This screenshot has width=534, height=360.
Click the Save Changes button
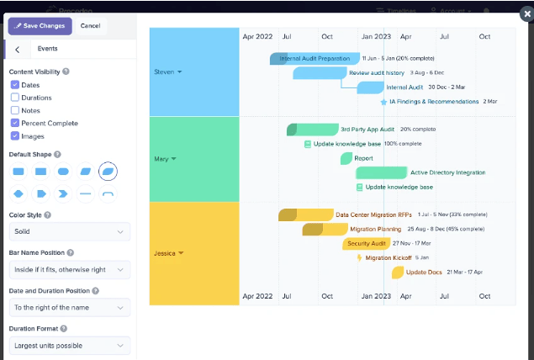click(40, 26)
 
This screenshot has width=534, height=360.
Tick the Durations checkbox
click(15, 98)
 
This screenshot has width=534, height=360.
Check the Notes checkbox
click(15, 110)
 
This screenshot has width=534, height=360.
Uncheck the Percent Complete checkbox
click(15, 123)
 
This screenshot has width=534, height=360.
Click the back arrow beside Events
click(18, 50)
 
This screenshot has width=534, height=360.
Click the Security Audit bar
click(367, 243)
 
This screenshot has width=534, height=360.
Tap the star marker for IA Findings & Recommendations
click(383, 102)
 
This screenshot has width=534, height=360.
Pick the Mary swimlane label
click(165, 159)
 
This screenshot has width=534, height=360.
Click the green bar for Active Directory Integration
click(381, 172)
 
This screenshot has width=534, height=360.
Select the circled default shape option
click(108, 172)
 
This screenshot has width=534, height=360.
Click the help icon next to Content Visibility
click(66, 72)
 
